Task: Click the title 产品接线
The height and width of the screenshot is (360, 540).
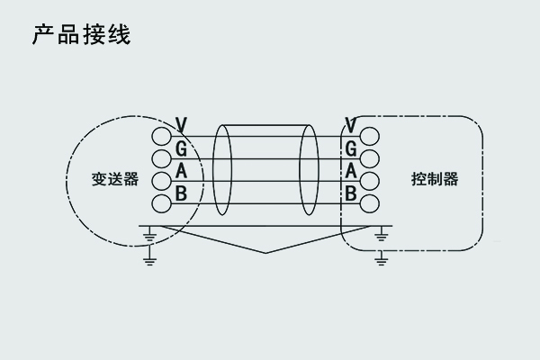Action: pyautogui.click(x=82, y=36)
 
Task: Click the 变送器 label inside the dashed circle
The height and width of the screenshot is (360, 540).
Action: pyautogui.click(x=115, y=178)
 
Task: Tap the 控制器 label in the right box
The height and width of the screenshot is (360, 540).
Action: pyautogui.click(x=435, y=178)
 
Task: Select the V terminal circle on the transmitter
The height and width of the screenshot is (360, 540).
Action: pyautogui.click(x=161, y=137)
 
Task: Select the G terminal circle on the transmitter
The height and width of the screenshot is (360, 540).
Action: pyautogui.click(x=161, y=159)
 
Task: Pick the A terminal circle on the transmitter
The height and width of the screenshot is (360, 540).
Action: pyautogui.click(x=161, y=181)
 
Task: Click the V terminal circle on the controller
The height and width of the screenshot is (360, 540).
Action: pyautogui.click(x=370, y=137)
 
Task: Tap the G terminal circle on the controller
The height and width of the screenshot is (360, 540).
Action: pyautogui.click(x=370, y=159)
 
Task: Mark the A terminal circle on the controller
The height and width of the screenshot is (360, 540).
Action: pyautogui.click(x=370, y=181)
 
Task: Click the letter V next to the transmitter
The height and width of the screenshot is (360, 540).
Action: pyautogui.click(x=182, y=124)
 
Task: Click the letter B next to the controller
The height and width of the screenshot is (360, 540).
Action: pyautogui.click(x=351, y=193)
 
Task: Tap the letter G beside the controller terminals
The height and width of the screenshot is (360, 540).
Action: pyautogui.click(x=351, y=148)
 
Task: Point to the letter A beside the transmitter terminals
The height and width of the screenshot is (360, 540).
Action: pyautogui.click(x=181, y=170)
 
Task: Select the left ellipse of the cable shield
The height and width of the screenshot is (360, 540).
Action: pyautogui.click(x=221, y=170)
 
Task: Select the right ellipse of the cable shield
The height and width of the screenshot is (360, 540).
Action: pyautogui.click(x=309, y=170)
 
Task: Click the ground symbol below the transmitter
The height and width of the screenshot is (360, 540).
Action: pyautogui.click(x=150, y=238)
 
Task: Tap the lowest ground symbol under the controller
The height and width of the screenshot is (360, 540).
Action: pyautogui.click(x=382, y=258)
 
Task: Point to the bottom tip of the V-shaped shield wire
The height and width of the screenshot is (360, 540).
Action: pyautogui.click(x=265, y=253)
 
